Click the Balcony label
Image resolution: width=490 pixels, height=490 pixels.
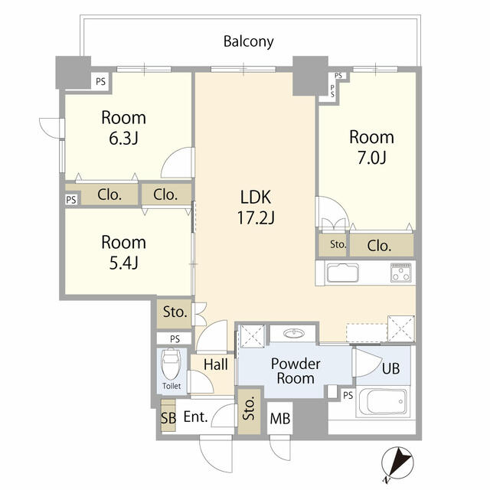pyautogui.click(x=248, y=41)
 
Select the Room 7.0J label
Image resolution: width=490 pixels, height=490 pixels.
pyautogui.click(x=371, y=147)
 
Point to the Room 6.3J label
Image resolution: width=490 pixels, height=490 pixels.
pyautogui.click(x=123, y=128)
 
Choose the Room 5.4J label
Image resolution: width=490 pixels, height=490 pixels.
pyautogui.click(x=123, y=252)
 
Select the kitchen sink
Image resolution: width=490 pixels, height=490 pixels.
pyautogui.click(x=342, y=273)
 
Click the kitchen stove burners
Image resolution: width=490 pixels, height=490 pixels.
pyautogui.click(x=401, y=273)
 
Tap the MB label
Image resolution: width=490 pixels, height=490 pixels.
pyautogui.click(x=279, y=419)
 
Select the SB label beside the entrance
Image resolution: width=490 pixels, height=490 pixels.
pyautogui.click(x=167, y=419)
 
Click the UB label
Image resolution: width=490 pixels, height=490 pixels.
pyautogui.click(x=390, y=367)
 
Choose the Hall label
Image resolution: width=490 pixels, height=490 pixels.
pyautogui.click(x=216, y=365)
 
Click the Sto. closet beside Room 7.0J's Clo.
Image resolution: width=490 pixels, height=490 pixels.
pyautogui.click(x=338, y=246)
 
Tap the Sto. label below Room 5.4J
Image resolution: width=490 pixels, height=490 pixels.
pyautogui.click(x=175, y=312)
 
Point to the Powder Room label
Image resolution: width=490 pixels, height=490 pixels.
pyautogui.click(x=295, y=371)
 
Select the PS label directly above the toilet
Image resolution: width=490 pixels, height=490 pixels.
pyautogui.click(x=175, y=338)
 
